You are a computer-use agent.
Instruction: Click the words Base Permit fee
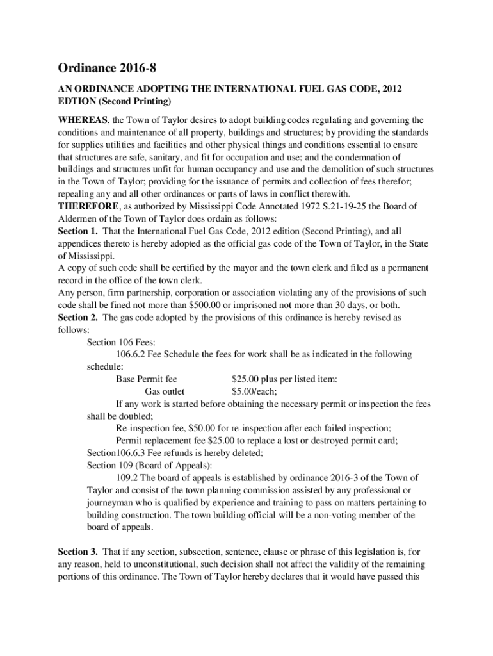(x=147, y=379)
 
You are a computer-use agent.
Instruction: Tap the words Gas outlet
(x=165, y=391)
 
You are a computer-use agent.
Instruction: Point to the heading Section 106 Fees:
(x=121, y=342)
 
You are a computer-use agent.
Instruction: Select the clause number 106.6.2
(x=133, y=354)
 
